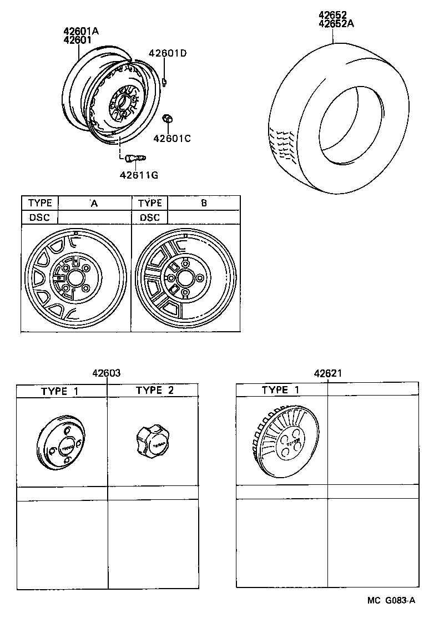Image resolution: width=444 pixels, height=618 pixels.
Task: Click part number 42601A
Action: (81, 31)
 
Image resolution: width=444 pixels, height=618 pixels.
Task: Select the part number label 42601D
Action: (168, 53)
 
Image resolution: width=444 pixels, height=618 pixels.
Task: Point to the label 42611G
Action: (139, 175)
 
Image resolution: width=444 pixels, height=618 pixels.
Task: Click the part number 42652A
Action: (336, 23)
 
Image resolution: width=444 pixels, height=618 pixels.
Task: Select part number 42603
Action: (107, 374)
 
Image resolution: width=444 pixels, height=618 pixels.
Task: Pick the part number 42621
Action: (327, 374)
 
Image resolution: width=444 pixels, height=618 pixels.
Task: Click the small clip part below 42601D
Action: (167, 83)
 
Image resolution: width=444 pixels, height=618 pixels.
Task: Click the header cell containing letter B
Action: (204, 203)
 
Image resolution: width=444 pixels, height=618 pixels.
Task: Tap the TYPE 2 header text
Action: (155, 391)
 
